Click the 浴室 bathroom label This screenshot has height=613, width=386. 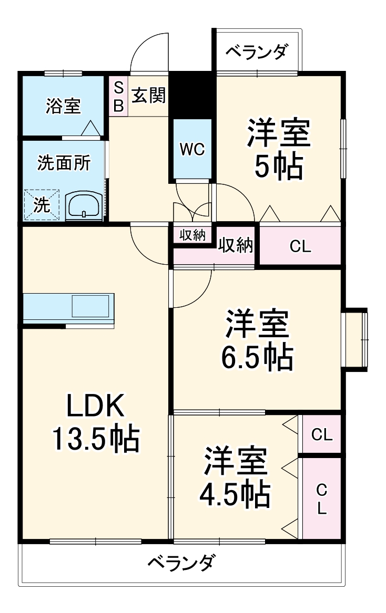click(x=63, y=107)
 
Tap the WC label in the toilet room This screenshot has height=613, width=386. click(x=192, y=150)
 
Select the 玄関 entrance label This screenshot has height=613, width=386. click(x=148, y=96)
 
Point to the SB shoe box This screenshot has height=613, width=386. click(x=118, y=96)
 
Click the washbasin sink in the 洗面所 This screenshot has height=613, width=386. click(x=84, y=204)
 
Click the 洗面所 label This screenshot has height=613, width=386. click(x=63, y=163)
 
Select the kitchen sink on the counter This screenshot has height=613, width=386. click(x=90, y=306)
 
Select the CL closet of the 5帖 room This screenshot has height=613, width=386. click(x=300, y=246)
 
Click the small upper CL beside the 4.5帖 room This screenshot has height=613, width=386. click(x=321, y=434)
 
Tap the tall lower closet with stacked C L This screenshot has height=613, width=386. click(x=321, y=498)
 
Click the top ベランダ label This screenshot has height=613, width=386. click(x=257, y=53)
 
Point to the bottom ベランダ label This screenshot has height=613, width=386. click(x=180, y=563)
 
